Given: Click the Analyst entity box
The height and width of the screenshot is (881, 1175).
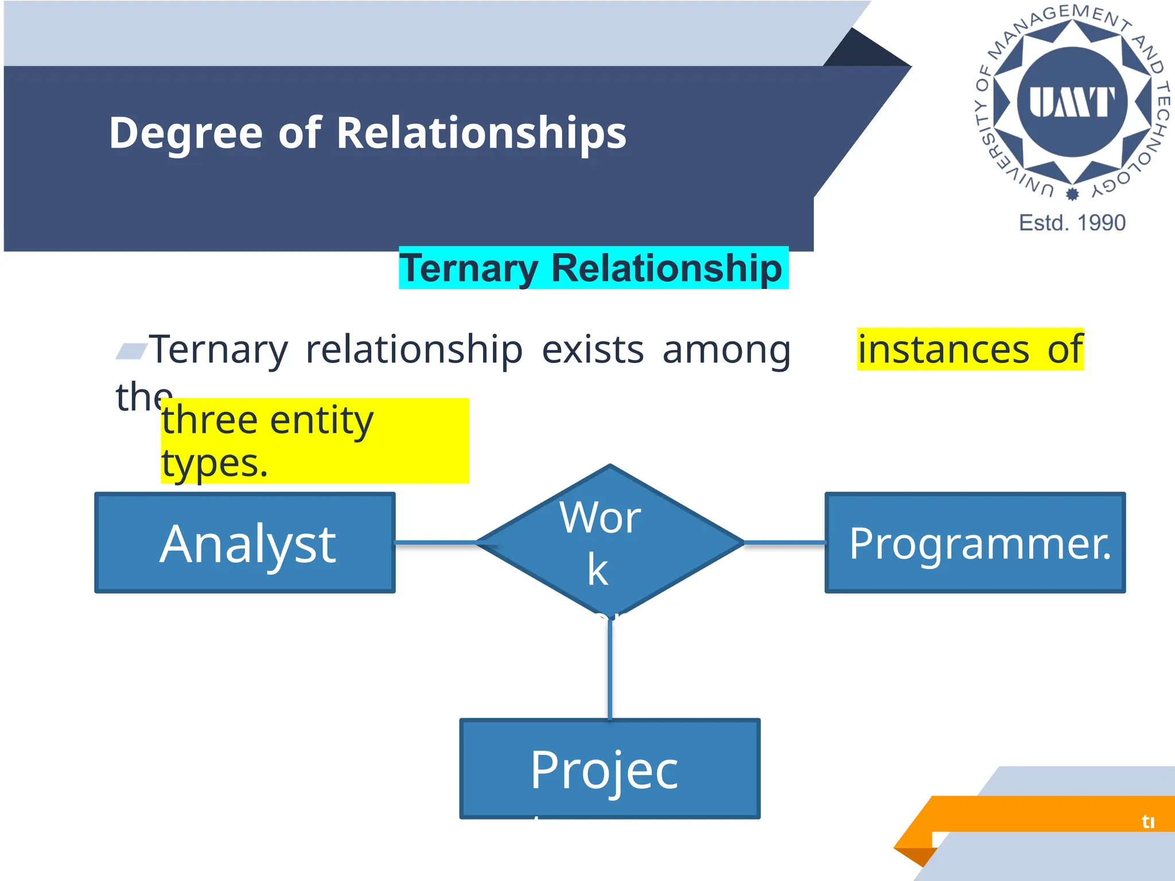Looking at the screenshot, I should [x=245, y=543].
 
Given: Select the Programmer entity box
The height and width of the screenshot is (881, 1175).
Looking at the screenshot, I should [x=975, y=543].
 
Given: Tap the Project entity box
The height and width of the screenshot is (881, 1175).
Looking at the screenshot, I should [x=609, y=769].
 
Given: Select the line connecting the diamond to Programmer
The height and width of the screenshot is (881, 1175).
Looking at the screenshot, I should [x=784, y=543].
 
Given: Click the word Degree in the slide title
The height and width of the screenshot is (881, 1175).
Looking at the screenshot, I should [x=185, y=134].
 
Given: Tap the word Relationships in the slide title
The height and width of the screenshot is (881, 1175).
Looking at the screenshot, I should [x=481, y=134].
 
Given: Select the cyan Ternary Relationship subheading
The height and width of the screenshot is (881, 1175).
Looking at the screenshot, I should [x=593, y=268].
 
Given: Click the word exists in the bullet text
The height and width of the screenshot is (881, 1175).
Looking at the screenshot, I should [x=593, y=349].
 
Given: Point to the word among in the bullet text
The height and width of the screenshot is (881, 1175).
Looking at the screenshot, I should [x=726, y=349].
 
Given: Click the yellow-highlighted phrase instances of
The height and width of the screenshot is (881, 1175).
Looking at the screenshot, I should [x=970, y=349].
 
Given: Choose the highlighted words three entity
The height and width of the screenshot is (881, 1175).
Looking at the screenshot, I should [x=267, y=420].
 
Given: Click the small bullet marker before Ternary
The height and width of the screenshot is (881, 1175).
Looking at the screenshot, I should [x=131, y=350].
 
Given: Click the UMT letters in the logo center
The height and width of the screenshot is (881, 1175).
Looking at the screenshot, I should [x=1072, y=102].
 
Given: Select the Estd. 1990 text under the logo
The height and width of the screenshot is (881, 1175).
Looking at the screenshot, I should [x=1072, y=223].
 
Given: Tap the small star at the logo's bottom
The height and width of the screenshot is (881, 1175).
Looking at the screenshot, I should [x=1072, y=194].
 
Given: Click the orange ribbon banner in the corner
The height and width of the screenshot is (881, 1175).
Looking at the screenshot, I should [x=1033, y=813].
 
